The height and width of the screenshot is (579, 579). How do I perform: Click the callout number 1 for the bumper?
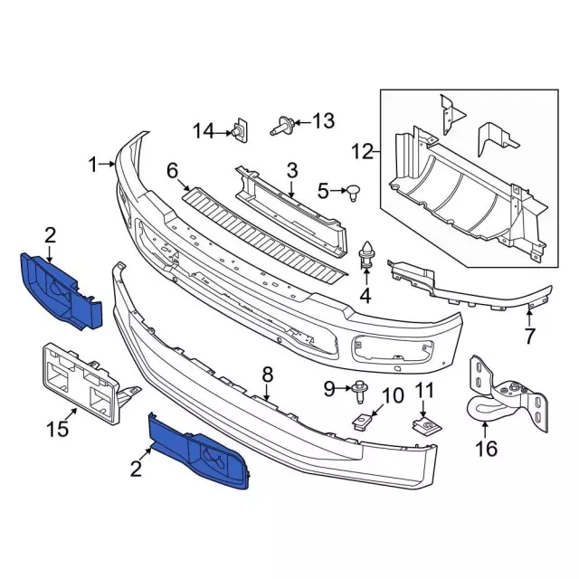pos(93,164)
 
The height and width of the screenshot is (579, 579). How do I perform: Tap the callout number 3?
pos(292,169)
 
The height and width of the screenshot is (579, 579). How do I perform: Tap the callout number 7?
pos(530,337)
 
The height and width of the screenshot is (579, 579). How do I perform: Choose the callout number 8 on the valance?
pos(267,374)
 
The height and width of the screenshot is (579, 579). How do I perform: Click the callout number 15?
pos(57,430)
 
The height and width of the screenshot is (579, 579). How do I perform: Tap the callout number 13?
pos(322,120)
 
